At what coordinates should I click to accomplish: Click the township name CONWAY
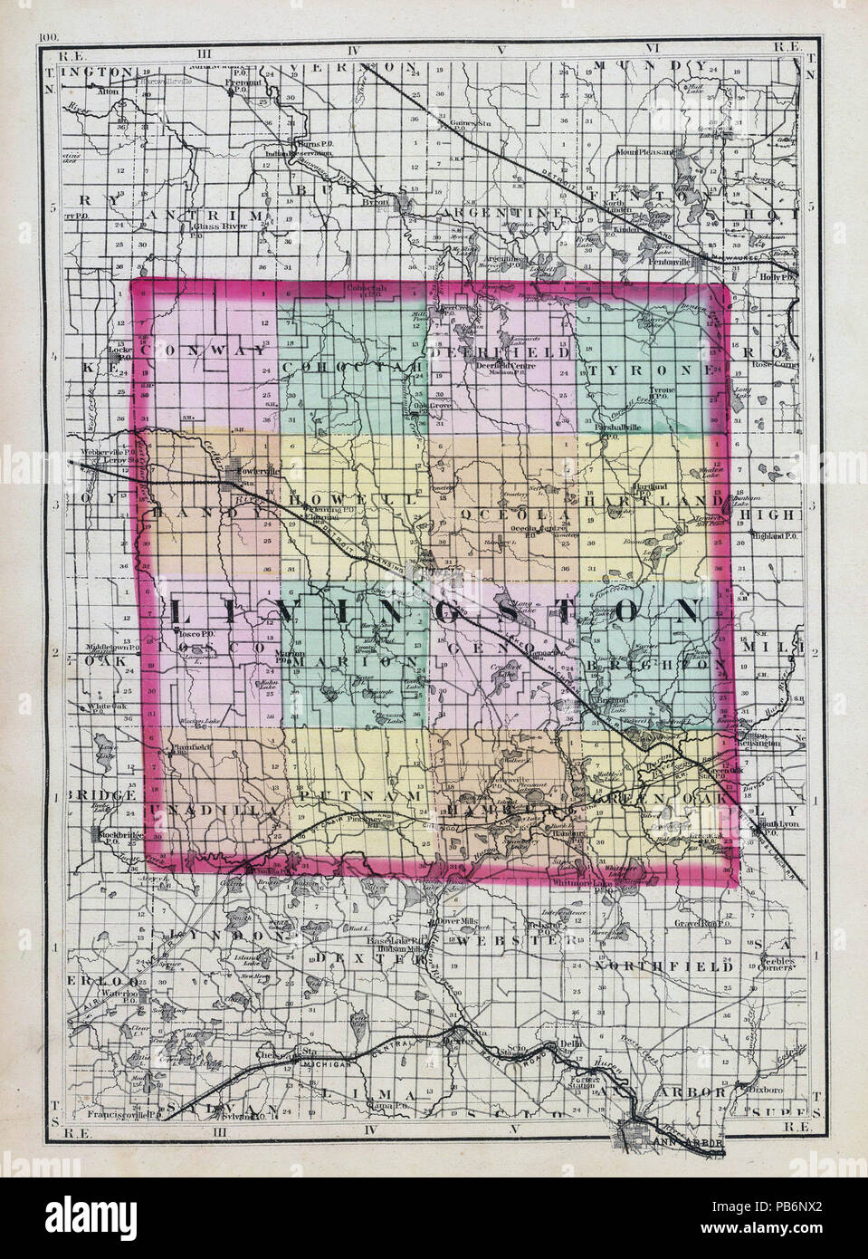coord(206,350)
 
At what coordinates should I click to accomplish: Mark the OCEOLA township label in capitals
coord(516,513)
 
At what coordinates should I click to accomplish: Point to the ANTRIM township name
coord(206,213)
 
